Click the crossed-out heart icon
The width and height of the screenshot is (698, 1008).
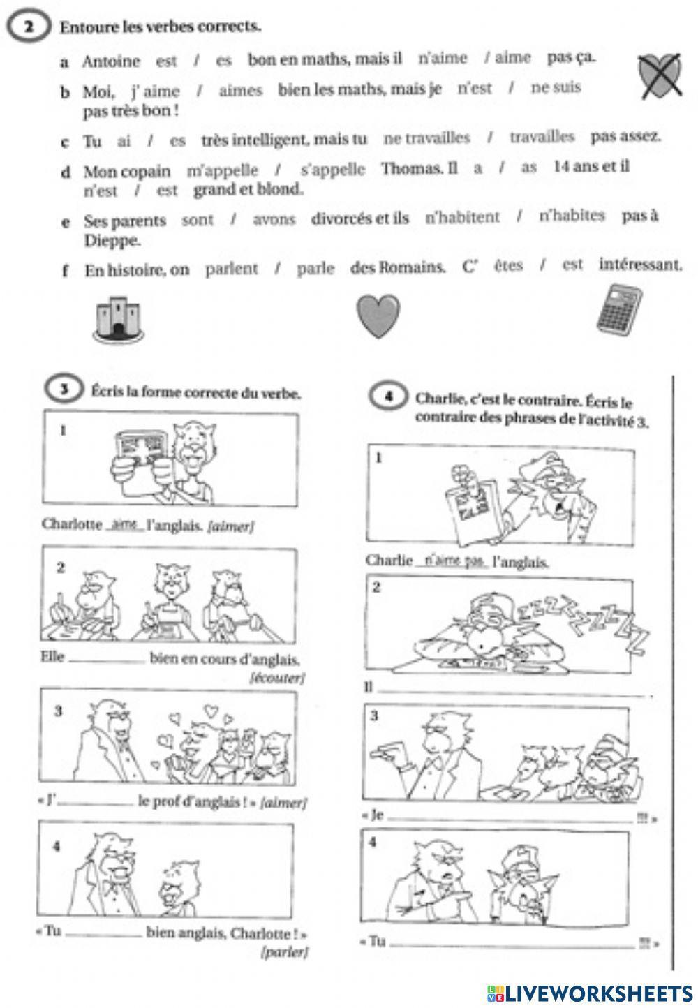tap(660, 76)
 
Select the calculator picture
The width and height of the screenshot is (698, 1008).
tap(618, 307)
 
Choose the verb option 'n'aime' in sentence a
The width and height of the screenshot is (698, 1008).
tap(443, 58)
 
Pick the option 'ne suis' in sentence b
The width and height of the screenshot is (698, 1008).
tap(556, 88)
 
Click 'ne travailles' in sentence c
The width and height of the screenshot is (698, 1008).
tap(426, 138)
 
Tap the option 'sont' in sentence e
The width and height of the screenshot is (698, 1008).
tap(198, 220)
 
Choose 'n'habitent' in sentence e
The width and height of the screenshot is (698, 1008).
tap(462, 217)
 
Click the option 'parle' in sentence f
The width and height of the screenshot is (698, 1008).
tap(315, 269)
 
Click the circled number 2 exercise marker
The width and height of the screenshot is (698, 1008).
tap(29, 27)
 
